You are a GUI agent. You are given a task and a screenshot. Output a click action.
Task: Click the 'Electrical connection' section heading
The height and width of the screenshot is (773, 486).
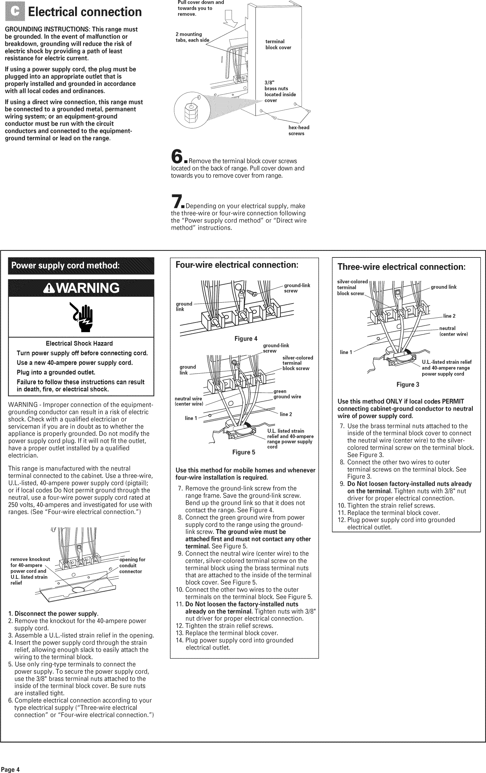[85, 12]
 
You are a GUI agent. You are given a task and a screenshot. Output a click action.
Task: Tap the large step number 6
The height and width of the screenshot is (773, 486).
[177, 156]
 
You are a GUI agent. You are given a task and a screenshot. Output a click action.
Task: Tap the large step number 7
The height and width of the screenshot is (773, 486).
[176, 201]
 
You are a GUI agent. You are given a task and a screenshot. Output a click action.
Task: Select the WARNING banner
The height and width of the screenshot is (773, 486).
[81, 288]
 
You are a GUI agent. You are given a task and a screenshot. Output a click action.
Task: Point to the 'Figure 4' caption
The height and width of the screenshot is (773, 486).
[246, 339]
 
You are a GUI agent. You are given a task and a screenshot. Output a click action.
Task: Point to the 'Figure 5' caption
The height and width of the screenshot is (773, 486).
[243, 452]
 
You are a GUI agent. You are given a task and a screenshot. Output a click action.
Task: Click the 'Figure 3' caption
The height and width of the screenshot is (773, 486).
[408, 385]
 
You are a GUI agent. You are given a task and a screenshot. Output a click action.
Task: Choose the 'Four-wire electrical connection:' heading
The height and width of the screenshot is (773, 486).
[237, 265]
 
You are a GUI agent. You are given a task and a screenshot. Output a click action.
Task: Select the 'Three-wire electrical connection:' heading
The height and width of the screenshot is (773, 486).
[401, 267]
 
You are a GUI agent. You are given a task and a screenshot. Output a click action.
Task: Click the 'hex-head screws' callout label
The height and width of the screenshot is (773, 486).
[298, 130]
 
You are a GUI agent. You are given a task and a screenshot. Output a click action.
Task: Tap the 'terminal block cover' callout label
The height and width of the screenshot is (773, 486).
[278, 44]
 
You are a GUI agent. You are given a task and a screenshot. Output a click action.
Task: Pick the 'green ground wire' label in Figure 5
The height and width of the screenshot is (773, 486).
[287, 394]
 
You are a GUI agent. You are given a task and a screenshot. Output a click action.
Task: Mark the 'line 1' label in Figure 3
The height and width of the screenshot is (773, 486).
[346, 352]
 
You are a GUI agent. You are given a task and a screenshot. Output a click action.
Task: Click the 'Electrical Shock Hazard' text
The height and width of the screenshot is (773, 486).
[79, 344]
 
